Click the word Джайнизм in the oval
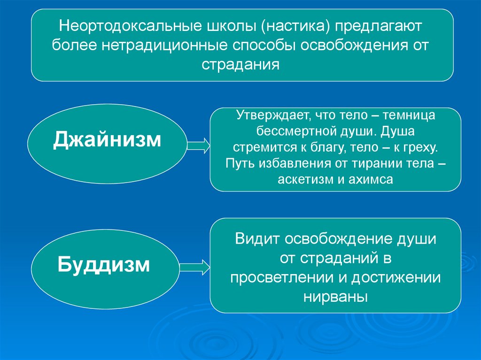tap(107, 139)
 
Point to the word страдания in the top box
tap(241, 64)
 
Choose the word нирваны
tap(335, 297)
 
